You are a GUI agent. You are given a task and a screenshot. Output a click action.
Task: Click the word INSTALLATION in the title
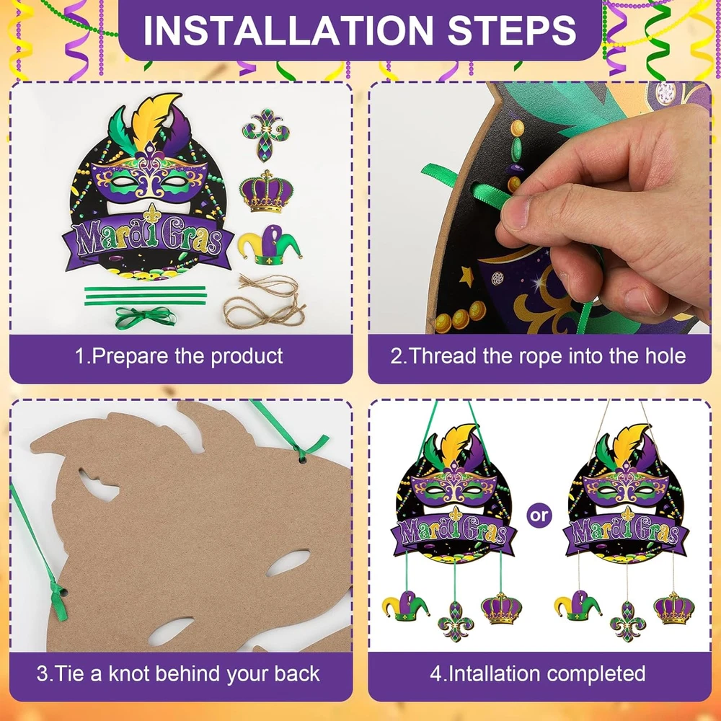tap(288, 30)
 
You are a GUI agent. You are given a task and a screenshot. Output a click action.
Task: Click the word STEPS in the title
tap(512, 30)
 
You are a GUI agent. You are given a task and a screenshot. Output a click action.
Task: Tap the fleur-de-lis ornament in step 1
tap(266, 136)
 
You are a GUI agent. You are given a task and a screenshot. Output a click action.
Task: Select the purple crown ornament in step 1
tap(266, 192)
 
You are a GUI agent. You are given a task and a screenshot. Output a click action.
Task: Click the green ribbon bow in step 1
tap(145, 317)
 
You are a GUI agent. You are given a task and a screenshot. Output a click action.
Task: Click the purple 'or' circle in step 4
tap(539, 516)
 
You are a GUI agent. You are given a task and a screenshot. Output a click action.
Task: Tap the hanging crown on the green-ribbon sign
tap(502, 608)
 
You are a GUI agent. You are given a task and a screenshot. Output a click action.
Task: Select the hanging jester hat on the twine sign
tap(578, 605)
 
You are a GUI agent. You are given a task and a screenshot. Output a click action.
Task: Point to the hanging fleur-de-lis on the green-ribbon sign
tap(455, 621)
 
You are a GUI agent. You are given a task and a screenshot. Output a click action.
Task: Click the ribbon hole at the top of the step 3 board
tap(302, 458)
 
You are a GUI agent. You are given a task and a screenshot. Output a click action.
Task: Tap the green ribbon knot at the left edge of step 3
tap(59, 596)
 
